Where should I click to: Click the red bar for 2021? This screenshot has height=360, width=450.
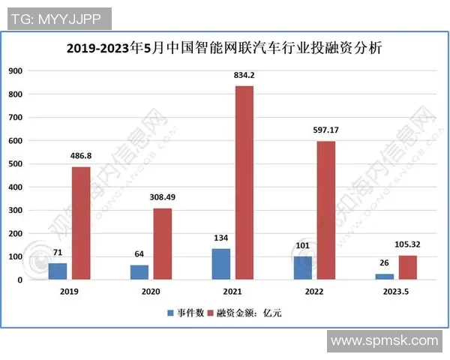pyautogui.click(x=244, y=183)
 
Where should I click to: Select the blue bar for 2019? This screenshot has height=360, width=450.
pyautogui.click(x=58, y=271)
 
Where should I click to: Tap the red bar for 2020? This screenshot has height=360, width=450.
pyautogui.click(x=162, y=244)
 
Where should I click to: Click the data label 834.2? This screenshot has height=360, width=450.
pyautogui.click(x=244, y=75)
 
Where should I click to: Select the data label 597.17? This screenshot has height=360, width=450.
pyautogui.click(x=326, y=130)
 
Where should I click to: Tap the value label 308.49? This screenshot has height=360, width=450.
pyautogui.click(x=163, y=198)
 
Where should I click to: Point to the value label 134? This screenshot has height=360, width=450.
pyautogui.click(x=220, y=239)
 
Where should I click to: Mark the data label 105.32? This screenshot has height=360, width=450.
pyautogui.click(x=407, y=245)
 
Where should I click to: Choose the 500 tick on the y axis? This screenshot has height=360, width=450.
pyautogui.click(x=16, y=164)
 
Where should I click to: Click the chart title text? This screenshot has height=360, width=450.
pyautogui.click(x=224, y=49)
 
